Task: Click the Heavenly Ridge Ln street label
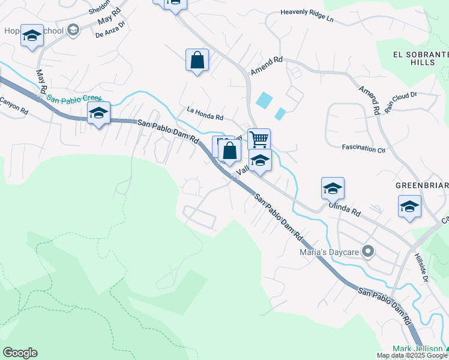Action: [x=307, y=16]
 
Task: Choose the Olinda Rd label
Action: [x=344, y=208]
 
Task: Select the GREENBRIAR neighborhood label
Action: [x=422, y=185]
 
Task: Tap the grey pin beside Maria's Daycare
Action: [x=369, y=252]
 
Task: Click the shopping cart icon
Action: [x=259, y=139]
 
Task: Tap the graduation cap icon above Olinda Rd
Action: [x=333, y=188]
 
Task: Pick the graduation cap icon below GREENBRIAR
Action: [x=409, y=206]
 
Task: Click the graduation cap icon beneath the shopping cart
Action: [x=260, y=160]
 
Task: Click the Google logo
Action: [x=20, y=353]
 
